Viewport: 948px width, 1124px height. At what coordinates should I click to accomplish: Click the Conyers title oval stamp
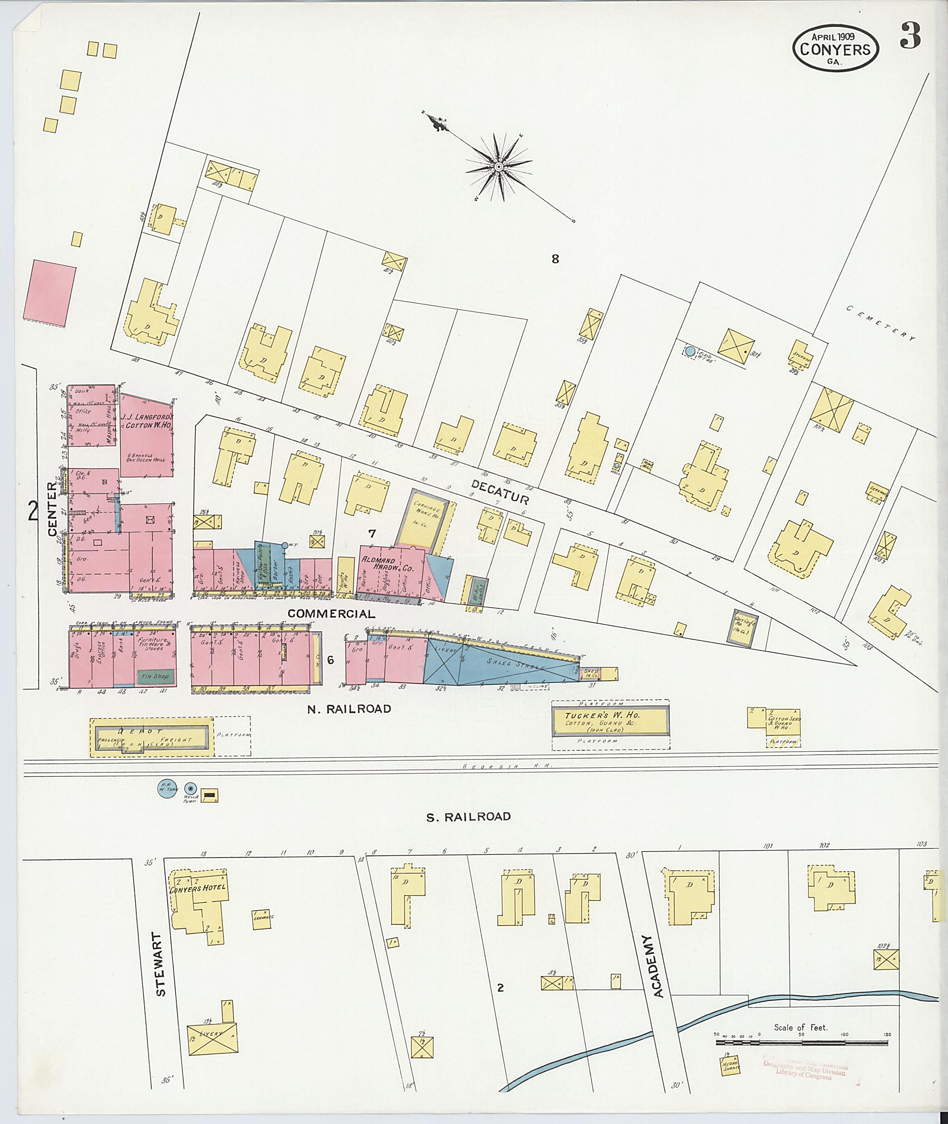click(835, 48)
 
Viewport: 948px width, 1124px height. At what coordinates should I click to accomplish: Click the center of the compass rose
click(499, 167)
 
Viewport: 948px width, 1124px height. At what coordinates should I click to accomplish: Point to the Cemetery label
click(880, 323)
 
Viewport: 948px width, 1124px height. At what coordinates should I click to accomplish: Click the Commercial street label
click(331, 614)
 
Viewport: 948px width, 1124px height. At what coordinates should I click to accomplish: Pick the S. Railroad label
click(468, 816)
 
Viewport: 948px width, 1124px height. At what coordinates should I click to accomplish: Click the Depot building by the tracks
click(152, 736)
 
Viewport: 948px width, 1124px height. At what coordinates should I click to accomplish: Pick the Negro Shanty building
click(731, 1065)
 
